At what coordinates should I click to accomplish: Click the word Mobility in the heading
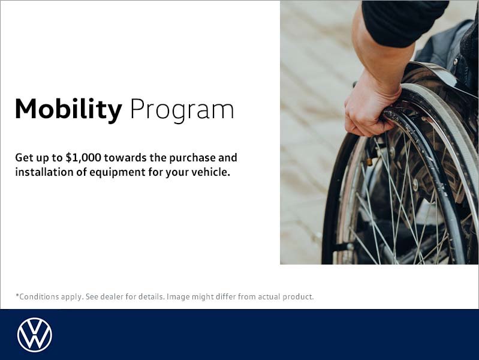[x=68, y=110]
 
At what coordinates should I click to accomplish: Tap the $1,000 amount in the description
[x=85, y=158]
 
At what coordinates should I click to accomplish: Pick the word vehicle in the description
[x=209, y=173]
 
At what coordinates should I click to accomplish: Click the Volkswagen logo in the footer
[x=35, y=335]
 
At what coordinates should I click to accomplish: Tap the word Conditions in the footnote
[x=38, y=296]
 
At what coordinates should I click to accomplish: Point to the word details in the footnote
[x=150, y=296]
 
